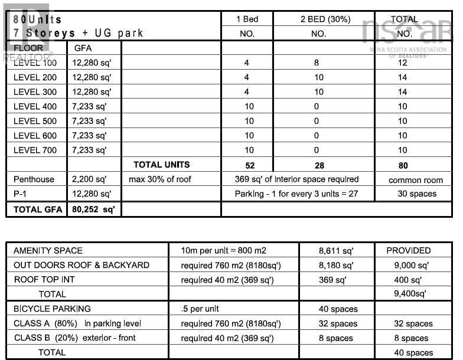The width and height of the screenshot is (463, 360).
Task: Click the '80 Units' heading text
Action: [x=38, y=19]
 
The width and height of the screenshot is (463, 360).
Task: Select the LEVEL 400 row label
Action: [x=35, y=107]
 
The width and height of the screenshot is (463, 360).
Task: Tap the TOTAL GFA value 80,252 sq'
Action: [x=93, y=209]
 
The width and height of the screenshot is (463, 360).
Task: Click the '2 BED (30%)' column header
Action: [x=318, y=19]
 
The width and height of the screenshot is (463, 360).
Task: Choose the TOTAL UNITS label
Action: [x=161, y=165]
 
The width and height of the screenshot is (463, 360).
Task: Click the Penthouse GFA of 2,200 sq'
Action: [x=89, y=179]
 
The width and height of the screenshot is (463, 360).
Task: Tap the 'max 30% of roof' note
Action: [x=160, y=179]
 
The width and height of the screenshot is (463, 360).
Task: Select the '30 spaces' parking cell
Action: [x=413, y=194]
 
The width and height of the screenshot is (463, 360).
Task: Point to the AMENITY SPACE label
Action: [x=48, y=251]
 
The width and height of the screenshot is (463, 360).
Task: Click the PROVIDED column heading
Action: [x=409, y=251]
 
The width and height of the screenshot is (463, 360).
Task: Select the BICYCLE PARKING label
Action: [x=52, y=309]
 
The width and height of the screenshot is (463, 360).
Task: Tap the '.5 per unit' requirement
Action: [x=200, y=309]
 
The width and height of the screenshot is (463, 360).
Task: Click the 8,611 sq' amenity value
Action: [x=335, y=251]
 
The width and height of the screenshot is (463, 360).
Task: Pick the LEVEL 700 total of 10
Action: [x=403, y=150]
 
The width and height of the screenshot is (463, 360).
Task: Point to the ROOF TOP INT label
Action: [x=44, y=280]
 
